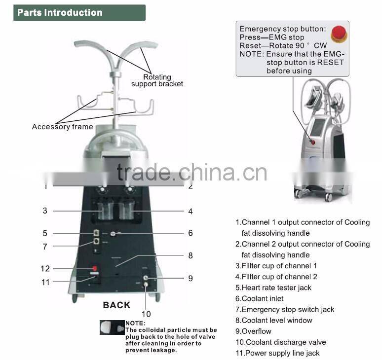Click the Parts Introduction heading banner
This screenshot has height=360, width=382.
(79, 13)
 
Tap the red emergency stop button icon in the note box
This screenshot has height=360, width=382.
(338, 34)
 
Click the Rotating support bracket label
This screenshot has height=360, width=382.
(157, 80)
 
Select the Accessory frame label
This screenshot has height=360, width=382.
(62, 127)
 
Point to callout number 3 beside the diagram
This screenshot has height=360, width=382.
(45, 211)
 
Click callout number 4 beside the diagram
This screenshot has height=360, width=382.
(190, 211)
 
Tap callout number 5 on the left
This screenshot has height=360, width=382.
(45, 233)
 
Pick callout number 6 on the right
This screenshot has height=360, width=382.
(190, 233)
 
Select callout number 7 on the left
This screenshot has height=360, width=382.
(45, 246)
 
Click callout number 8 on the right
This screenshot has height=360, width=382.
(190, 255)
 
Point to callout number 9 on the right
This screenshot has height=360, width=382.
(190, 278)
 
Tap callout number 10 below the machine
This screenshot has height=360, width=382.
(146, 314)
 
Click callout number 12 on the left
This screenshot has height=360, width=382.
(45, 269)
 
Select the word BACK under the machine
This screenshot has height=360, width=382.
(116, 305)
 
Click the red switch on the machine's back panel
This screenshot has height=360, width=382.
(94, 268)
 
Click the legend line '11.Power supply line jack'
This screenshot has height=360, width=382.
(277, 353)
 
